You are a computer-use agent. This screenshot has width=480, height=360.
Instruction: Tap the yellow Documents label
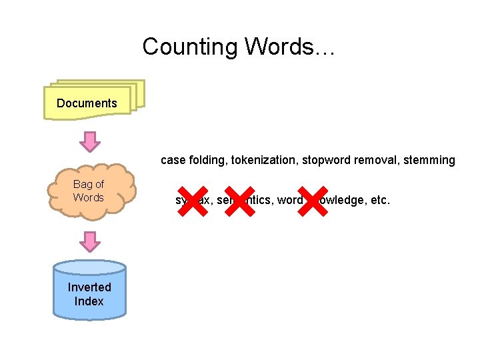[87, 103]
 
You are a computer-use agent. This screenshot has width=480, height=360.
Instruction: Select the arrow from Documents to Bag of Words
[89, 141]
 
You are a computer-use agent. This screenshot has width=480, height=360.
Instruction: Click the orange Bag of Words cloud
[89, 191]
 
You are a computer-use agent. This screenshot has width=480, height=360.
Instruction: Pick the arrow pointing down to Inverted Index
[89, 241]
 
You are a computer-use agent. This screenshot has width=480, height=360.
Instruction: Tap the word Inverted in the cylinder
[89, 287]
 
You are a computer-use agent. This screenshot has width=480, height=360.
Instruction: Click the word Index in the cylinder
[89, 301]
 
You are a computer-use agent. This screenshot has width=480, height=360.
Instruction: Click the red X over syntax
[192, 200]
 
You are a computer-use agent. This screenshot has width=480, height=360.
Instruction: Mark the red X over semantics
[240, 200]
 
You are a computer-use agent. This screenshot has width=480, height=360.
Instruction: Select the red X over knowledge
[312, 200]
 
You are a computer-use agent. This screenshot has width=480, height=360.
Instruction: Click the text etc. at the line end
[379, 200]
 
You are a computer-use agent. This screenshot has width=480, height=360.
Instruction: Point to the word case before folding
[173, 160]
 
